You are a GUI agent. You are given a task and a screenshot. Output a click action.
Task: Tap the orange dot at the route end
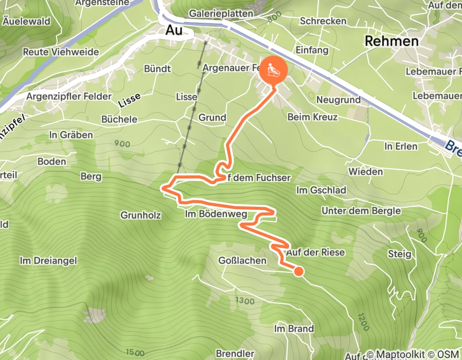click(x=298, y=271)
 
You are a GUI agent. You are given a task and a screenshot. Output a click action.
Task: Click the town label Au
click(x=174, y=30)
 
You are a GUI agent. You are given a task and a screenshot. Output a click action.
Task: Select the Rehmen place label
click(x=391, y=42)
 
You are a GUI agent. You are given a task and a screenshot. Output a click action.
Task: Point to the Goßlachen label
click(x=242, y=261)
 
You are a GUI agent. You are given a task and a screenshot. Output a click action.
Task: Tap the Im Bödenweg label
click(x=216, y=213)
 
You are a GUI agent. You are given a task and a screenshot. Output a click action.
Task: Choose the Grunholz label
click(x=141, y=214)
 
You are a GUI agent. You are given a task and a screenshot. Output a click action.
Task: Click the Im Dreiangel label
click(x=48, y=261)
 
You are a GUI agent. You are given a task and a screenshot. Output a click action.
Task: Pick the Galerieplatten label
click(x=221, y=13)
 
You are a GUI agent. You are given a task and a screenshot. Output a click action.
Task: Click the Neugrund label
click(x=339, y=100)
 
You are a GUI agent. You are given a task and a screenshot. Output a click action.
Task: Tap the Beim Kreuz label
click(x=312, y=117)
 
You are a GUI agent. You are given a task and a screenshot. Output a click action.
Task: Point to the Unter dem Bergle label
click(x=361, y=211)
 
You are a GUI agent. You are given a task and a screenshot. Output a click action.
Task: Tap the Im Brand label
click(x=294, y=329)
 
